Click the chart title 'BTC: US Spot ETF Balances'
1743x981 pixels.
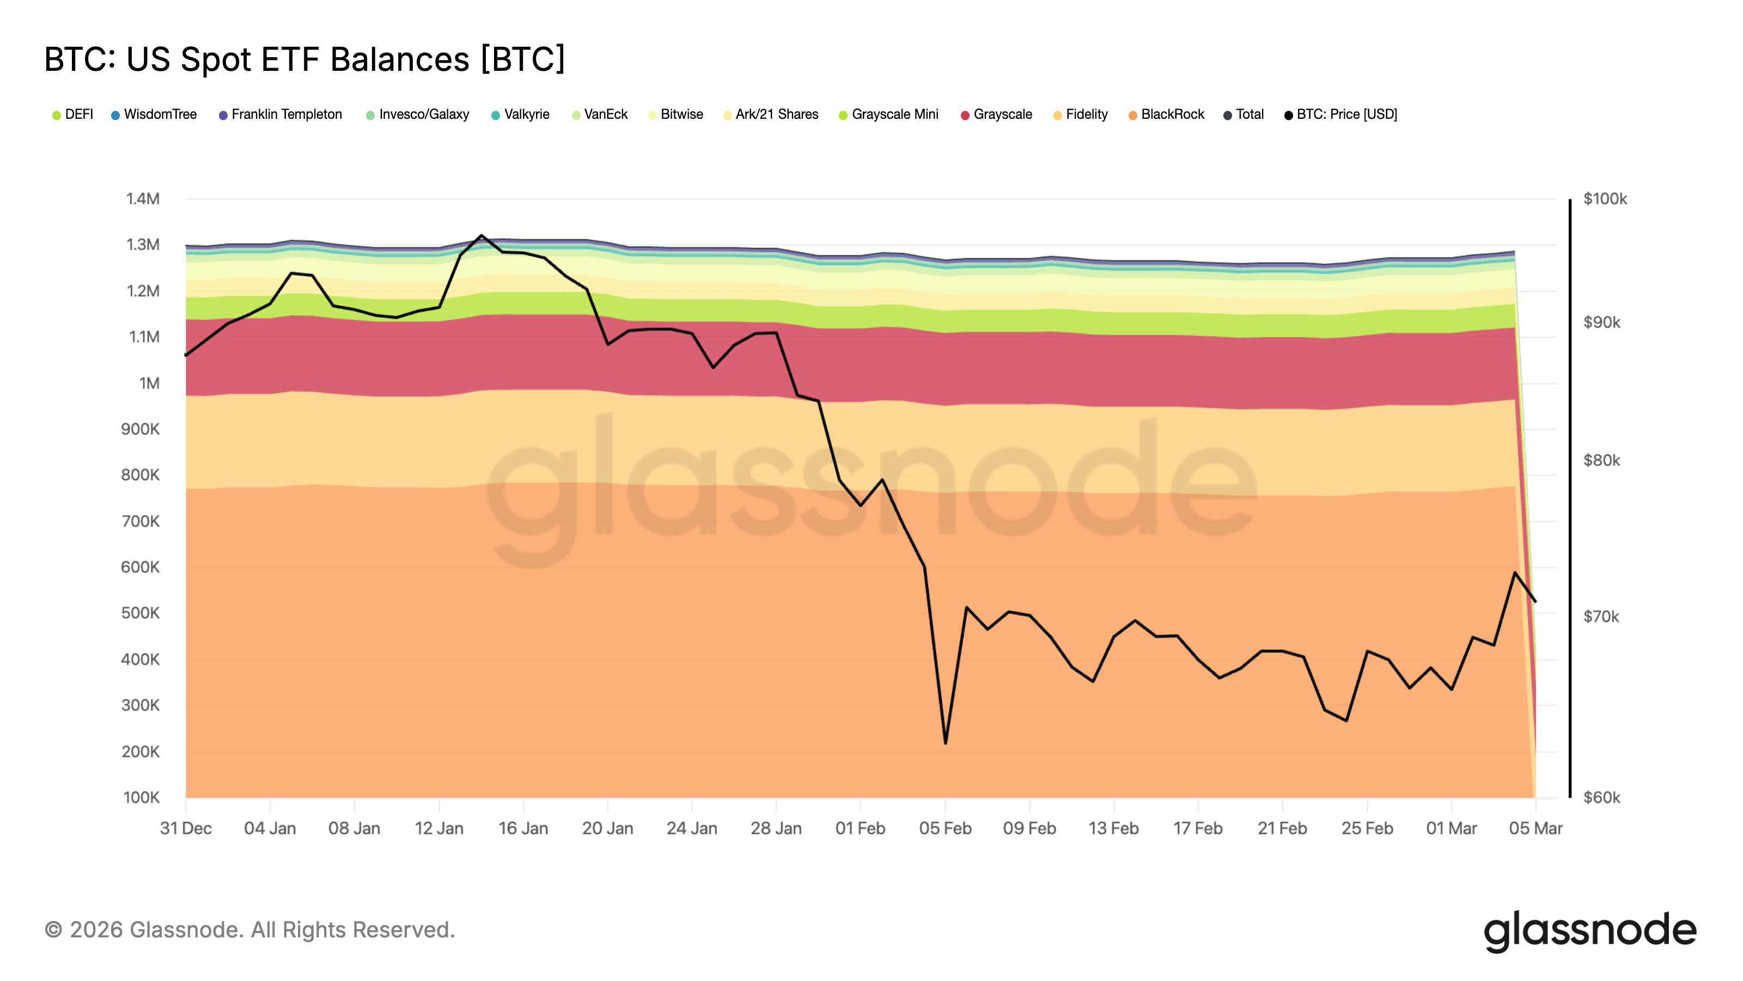coord(304,59)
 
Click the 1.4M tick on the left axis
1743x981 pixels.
coord(143,198)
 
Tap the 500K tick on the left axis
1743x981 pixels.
coord(140,613)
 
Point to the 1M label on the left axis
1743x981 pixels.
coord(149,383)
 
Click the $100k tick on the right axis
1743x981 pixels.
coord(1604,198)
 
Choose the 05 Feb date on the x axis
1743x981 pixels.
coord(944,828)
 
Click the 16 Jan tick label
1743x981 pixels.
coord(523,828)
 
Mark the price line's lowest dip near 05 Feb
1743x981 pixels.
coord(945,743)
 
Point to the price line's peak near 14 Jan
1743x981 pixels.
coord(481,235)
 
